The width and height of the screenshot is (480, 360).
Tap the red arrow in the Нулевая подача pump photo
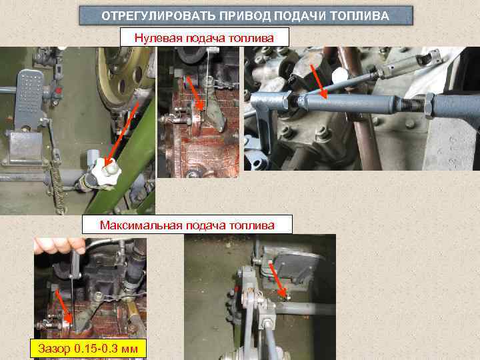click(195, 91)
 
